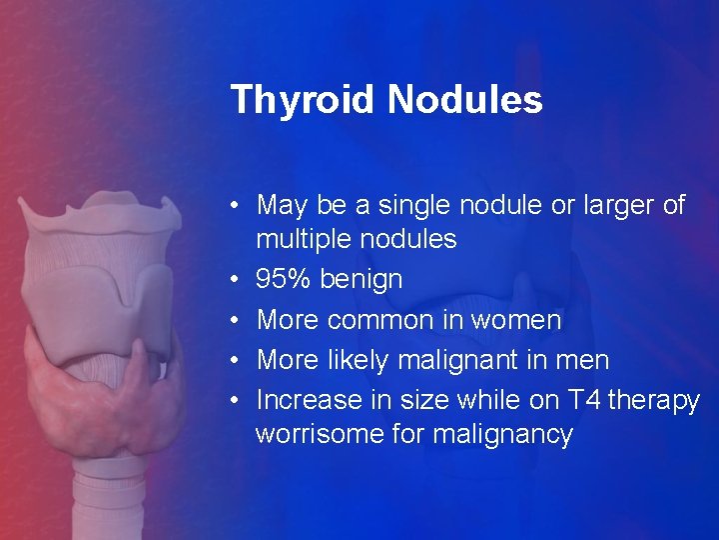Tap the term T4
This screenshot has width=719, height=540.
pos(582,400)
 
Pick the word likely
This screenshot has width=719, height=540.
pos(356,360)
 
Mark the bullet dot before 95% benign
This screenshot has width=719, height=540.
pos(233,280)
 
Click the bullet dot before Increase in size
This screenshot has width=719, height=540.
pos(233,400)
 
